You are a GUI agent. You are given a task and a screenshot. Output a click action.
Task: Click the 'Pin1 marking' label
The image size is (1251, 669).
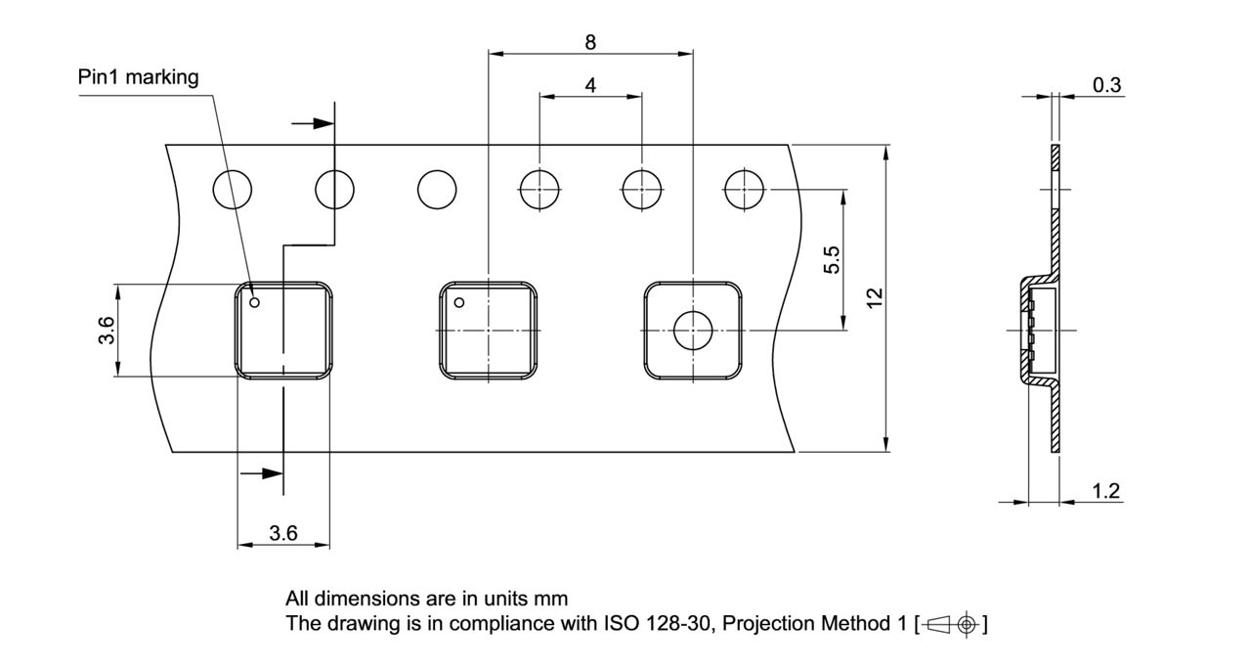tap(138, 77)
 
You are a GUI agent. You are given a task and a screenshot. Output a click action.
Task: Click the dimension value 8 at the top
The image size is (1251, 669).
tap(590, 42)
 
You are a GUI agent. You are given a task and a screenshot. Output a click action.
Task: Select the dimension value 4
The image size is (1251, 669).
tap(590, 85)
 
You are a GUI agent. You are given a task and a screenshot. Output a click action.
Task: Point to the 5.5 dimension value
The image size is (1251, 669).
tap(832, 260)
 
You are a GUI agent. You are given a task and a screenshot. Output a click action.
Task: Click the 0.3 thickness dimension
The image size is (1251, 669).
tap(1106, 85)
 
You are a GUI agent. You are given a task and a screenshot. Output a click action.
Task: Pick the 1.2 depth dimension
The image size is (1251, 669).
tap(1106, 491)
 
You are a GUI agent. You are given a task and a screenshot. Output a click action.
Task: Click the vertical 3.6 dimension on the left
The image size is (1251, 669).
tap(108, 331)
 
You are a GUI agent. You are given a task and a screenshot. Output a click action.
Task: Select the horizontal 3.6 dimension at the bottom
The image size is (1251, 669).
tap(283, 533)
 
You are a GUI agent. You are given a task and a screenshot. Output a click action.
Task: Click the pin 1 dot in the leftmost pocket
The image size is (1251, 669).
tap(255, 302)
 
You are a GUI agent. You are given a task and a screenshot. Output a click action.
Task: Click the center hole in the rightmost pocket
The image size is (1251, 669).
tap(692, 331)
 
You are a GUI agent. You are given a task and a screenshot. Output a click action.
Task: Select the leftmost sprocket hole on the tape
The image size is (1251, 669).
tap(233, 189)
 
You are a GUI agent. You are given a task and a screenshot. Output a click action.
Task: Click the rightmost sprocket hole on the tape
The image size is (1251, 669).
tap(744, 189)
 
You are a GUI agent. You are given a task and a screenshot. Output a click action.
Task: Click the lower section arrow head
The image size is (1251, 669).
tap(274, 473)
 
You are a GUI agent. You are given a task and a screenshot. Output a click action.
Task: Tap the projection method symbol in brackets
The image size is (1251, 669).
tap(952, 624)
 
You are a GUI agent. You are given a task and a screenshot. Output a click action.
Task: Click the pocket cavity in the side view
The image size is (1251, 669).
tap(1041, 331)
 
